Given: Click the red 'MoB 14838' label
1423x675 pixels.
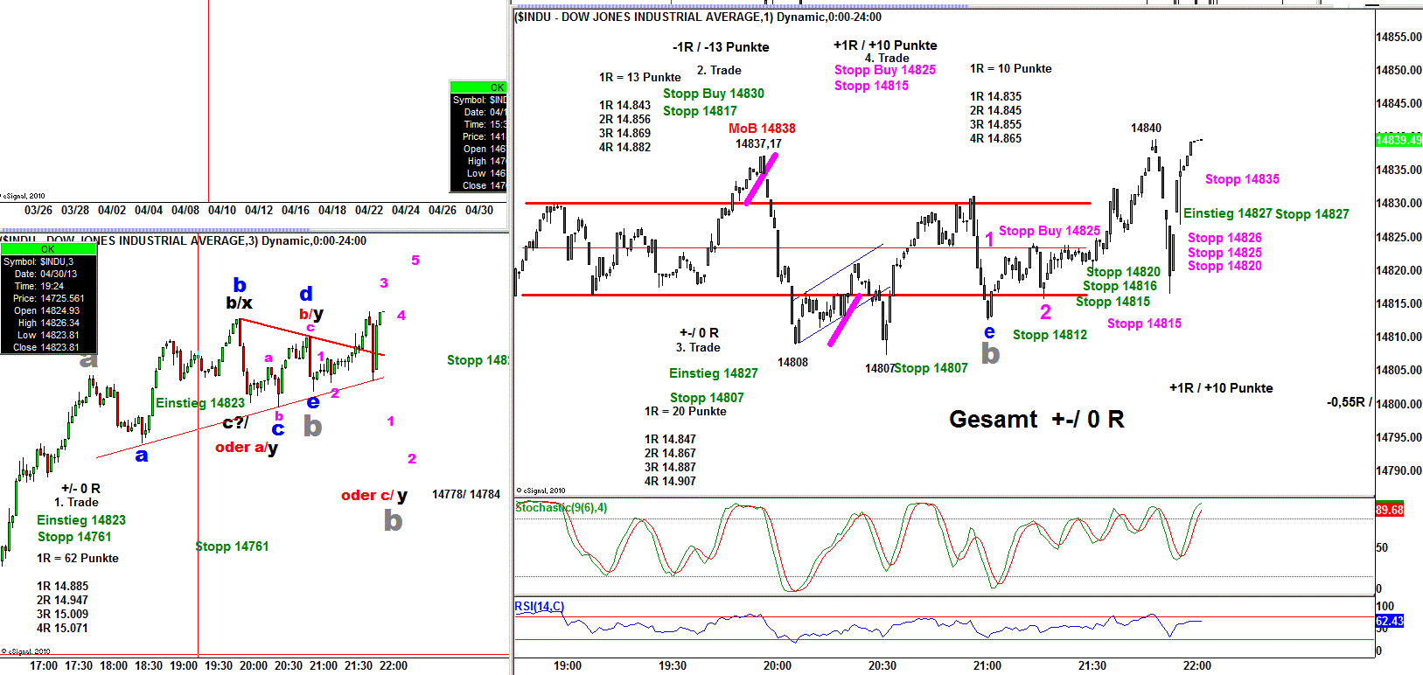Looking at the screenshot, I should pos(762,129).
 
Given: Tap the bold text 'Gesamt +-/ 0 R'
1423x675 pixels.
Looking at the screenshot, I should pos(1036,420).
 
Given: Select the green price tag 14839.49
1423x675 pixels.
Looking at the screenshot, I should pos(1399,140).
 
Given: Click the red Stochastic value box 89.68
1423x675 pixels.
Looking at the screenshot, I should pos(1389,510).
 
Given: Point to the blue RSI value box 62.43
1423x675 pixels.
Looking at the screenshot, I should pos(1389,621).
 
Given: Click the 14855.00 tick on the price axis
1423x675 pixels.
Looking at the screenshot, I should pos(1399,37).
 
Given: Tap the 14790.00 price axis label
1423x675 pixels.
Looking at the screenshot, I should pos(1399,470).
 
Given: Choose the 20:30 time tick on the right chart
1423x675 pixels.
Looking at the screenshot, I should pos(882,665).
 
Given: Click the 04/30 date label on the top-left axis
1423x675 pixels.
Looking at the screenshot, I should pos(478,210).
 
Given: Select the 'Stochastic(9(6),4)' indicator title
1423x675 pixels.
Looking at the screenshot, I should pos(561,507).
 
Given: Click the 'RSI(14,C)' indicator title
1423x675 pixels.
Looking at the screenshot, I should pos(539,606).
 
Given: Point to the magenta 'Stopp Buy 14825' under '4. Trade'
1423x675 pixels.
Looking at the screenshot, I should pos(884,70).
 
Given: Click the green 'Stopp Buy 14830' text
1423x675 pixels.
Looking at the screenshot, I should pos(713,94).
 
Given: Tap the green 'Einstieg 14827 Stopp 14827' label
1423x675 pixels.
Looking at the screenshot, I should pos(1266,213).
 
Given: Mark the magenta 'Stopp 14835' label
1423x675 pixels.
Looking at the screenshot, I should pos(1242,179).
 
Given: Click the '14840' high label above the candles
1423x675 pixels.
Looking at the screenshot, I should pos(1146,128).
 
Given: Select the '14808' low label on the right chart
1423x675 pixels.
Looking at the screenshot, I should pos(792,362).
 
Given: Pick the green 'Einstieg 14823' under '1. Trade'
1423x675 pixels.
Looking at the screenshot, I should pos(81,520).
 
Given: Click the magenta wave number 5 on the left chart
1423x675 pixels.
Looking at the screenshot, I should pos(415,261).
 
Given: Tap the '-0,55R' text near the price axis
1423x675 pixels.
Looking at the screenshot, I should pos(1345,402).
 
